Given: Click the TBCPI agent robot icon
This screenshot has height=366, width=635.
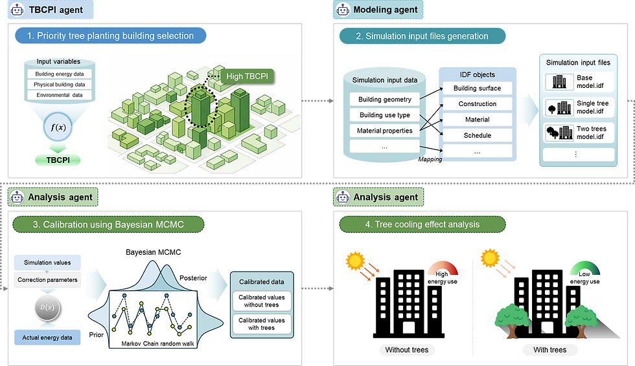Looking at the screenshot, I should (x=17, y=10).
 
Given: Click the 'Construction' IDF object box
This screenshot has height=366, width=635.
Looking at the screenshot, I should (x=477, y=104).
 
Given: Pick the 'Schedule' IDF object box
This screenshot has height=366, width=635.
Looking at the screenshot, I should (x=477, y=136).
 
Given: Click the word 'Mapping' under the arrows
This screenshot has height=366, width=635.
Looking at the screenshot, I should (x=430, y=159).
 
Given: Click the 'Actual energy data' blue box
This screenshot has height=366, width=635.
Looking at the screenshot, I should (x=47, y=336).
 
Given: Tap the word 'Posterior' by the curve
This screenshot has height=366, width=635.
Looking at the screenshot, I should (x=194, y=278).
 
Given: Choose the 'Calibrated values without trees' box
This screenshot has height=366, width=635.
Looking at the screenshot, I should (x=261, y=302).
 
